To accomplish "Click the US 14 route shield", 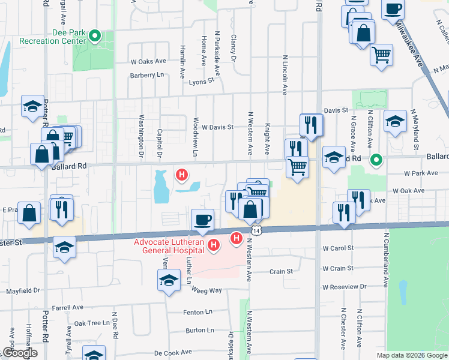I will click(x=256, y=230).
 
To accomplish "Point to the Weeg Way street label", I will click(x=206, y=290).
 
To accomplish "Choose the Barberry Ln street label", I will click(x=147, y=76).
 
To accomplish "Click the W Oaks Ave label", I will click(x=148, y=61).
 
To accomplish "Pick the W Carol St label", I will click(x=338, y=247).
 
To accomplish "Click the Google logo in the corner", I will click(x=19, y=353).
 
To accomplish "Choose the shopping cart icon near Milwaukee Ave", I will click(x=381, y=55).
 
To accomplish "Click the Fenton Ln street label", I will click(x=198, y=312).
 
